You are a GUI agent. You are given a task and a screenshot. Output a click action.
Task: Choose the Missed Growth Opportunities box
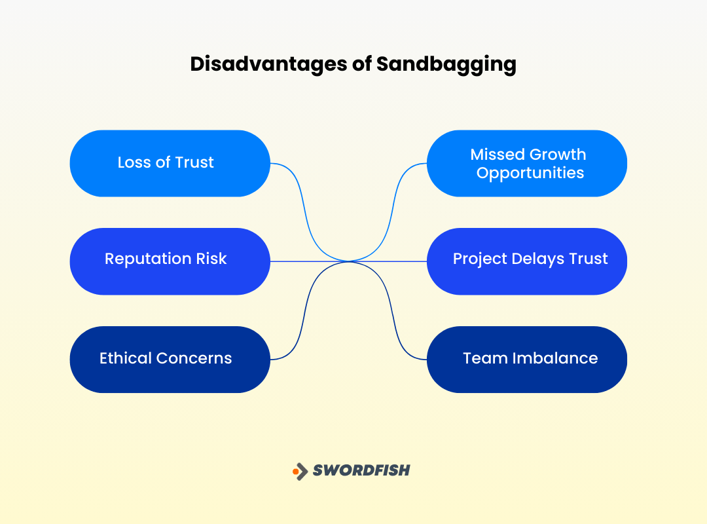click(x=527, y=163)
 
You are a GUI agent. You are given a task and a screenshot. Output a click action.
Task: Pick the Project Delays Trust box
click(x=527, y=261)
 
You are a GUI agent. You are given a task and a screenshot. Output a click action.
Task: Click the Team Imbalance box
click(x=527, y=360)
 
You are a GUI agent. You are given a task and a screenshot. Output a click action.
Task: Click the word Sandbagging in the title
click(x=446, y=64)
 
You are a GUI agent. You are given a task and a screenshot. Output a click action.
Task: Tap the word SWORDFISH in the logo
click(x=361, y=470)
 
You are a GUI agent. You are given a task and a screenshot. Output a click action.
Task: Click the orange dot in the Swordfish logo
click(x=296, y=470)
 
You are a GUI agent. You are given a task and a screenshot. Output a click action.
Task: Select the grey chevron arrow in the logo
click(x=302, y=470)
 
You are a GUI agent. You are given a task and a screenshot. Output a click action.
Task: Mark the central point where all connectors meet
click(x=349, y=261)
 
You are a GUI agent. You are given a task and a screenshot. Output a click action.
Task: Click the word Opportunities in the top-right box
click(x=530, y=174)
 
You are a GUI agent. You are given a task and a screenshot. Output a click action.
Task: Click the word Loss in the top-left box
click(x=134, y=162)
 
